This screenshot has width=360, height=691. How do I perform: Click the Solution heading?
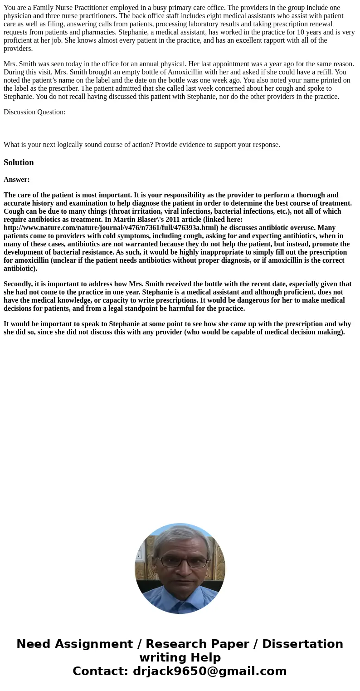pyautogui.click(x=19, y=162)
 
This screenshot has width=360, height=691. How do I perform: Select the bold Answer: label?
pyautogui.click(x=17, y=180)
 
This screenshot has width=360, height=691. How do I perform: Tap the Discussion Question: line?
pyautogui.click(x=34, y=112)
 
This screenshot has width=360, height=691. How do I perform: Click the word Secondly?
pyautogui.click(x=18, y=284)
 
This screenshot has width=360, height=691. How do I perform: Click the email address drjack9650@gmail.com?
pyautogui.click(x=209, y=671)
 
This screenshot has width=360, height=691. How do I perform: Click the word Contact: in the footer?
pyautogui.click(x=101, y=671)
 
